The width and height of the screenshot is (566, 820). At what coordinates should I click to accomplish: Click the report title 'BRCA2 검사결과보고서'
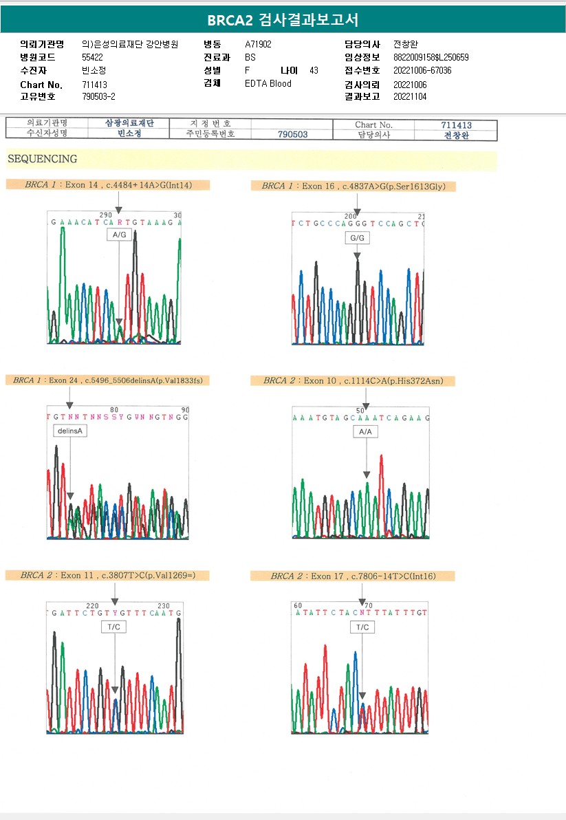pyautogui.click(x=283, y=19)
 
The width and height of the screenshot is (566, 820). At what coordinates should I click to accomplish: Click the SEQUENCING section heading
pyautogui.click(x=43, y=159)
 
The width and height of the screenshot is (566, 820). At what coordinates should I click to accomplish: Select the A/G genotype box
pyautogui.click(x=119, y=235)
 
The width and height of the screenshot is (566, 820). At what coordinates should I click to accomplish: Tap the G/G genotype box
pyautogui.click(x=356, y=238)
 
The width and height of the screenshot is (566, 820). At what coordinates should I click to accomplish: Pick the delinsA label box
pyautogui.click(x=69, y=431)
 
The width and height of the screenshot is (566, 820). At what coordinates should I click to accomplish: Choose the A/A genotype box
pyautogui.click(x=366, y=431)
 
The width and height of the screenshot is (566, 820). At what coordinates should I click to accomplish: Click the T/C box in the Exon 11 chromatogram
pyautogui.click(x=113, y=627)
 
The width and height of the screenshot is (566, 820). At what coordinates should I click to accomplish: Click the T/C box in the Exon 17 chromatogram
pyautogui.click(x=362, y=627)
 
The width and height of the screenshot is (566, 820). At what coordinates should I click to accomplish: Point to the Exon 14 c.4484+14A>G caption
pyautogui.click(x=107, y=185)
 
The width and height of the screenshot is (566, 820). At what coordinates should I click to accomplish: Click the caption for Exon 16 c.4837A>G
pyautogui.click(x=353, y=186)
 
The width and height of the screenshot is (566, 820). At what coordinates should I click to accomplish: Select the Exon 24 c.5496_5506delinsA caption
pyautogui.click(x=107, y=380)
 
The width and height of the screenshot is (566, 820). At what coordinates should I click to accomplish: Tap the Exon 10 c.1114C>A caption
pyautogui.click(x=351, y=380)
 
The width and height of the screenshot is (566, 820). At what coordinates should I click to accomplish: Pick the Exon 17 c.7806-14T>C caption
pyautogui.click(x=353, y=576)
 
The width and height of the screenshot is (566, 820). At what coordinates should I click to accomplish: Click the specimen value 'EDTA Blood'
pyautogui.click(x=268, y=84)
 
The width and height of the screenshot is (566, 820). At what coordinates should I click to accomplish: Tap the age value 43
pyautogui.click(x=314, y=71)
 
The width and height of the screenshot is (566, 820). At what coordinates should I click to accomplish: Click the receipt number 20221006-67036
pyautogui.click(x=422, y=71)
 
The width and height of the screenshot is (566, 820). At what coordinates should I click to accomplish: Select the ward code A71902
pyautogui.click(x=258, y=45)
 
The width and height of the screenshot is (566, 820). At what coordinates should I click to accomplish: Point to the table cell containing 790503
pyautogui.click(x=292, y=135)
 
